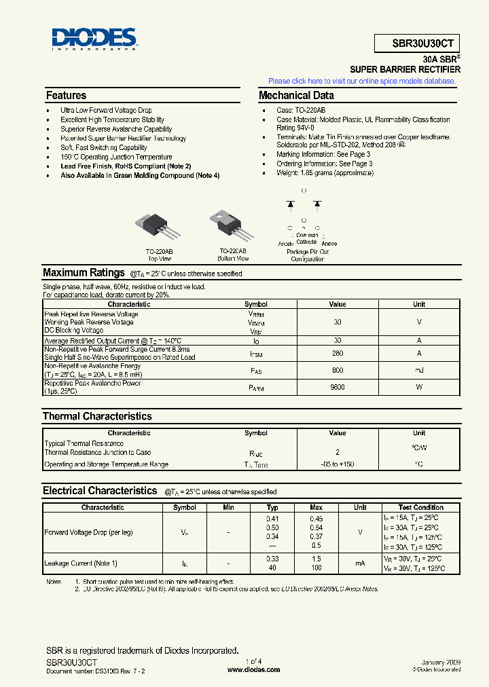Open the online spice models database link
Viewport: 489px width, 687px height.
point(361,81)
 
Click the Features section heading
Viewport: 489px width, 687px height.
point(66,96)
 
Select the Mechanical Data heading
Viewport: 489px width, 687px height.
point(296,96)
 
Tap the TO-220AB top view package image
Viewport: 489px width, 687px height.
point(160,225)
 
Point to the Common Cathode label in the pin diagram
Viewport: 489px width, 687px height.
point(307,238)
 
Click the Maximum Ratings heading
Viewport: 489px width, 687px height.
point(84,273)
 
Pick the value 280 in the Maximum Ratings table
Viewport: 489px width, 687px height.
point(338,353)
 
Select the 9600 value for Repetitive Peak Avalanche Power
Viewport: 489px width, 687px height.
point(338,387)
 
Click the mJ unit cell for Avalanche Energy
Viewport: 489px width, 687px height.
point(419,370)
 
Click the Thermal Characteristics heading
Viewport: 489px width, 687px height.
point(97,416)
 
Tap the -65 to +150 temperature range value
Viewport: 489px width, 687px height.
point(338,464)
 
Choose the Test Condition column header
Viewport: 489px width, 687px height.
point(420,507)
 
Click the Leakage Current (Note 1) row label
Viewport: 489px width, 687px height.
point(81,563)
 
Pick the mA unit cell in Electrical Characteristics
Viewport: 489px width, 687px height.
point(360,563)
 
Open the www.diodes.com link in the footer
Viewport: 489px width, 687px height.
point(253,669)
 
